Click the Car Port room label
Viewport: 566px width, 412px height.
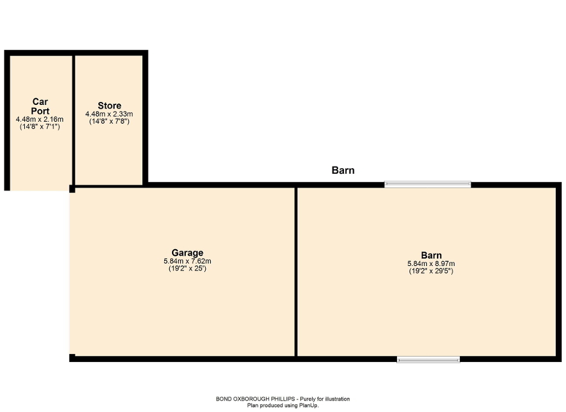click(x=40, y=106)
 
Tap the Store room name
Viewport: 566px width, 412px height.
click(x=109, y=106)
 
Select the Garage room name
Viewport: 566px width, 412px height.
click(x=187, y=253)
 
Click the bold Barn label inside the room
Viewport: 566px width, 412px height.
click(x=431, y=255)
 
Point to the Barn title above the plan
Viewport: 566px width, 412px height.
click(x=343, y=170)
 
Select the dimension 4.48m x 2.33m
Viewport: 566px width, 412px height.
click(x=109, y=114)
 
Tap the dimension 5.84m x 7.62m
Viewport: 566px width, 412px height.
click(x=187, y=261)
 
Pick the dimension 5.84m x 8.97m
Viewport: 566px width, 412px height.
click(x=431, y=264)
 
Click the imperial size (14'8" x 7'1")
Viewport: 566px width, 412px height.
click(x=40, y=127)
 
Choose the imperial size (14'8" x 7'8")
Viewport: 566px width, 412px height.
click(x=109, y=121)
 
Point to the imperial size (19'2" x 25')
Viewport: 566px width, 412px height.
click(x=187, y=268)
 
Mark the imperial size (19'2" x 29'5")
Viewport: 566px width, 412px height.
click(x=431, y=271)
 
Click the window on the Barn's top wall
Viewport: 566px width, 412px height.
click(x=428, y=184)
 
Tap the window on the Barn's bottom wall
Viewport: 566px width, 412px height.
click(x=428, y=360)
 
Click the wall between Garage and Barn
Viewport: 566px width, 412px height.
click(x=296, y=271)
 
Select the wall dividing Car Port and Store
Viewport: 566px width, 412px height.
click(x=74, y=121)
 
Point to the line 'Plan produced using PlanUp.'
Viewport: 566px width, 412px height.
click(x=283, y=405)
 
